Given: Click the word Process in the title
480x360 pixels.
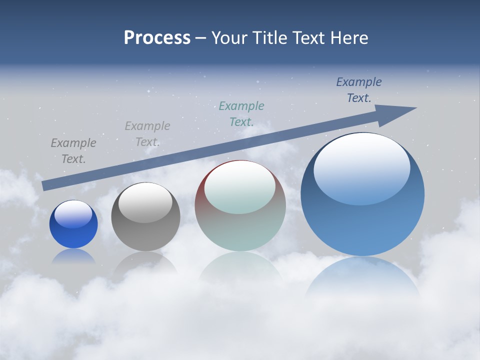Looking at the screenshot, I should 157,38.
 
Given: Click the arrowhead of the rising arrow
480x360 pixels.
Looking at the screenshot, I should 400,113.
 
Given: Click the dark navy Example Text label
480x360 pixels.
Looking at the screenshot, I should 358,90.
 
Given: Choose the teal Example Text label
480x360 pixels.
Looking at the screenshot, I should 241,113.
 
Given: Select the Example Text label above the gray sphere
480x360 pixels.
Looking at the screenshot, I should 147,133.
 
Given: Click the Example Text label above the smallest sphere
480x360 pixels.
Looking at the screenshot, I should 73,150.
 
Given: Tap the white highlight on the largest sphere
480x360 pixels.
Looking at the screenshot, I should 361,167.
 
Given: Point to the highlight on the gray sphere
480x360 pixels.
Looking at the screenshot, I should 145,202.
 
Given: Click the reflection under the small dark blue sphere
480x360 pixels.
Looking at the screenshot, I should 73,256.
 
